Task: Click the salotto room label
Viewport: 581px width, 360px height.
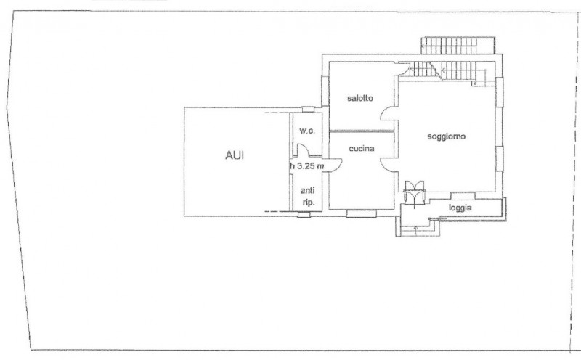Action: (x=359, y=103)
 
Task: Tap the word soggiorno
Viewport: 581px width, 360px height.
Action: (x=446, y=136)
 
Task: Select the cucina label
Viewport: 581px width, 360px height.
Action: (x=361, y=149)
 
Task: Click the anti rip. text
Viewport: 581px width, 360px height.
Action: (x=307, y=197)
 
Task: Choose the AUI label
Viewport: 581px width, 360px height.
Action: (x=234, y=155)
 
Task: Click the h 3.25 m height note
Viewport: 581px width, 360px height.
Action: (x=306, y=165)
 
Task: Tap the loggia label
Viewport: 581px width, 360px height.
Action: (x=460, y=208)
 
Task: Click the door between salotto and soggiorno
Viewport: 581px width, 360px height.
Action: (x=390, y=114)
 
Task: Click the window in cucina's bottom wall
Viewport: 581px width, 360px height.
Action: (x=359, y=213)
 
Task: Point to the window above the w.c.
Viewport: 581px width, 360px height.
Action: (x=308, y=110)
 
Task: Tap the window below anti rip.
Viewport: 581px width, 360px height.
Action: (x=305, y=214)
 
